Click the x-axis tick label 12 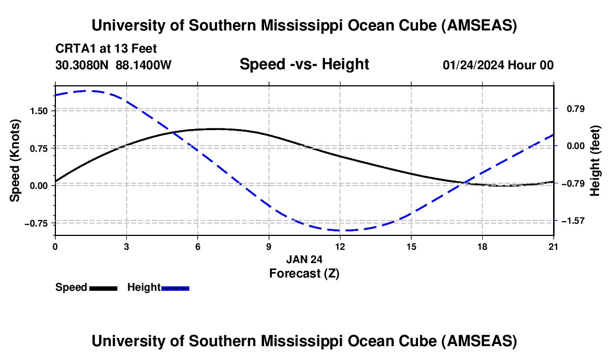339,246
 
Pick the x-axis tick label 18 482,246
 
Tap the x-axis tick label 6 198,246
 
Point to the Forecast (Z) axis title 304,272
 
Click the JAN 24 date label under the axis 304,259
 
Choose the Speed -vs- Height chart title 304,64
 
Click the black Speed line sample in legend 103,288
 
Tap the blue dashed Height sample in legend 175,288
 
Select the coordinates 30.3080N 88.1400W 113,65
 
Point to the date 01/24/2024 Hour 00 498,65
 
